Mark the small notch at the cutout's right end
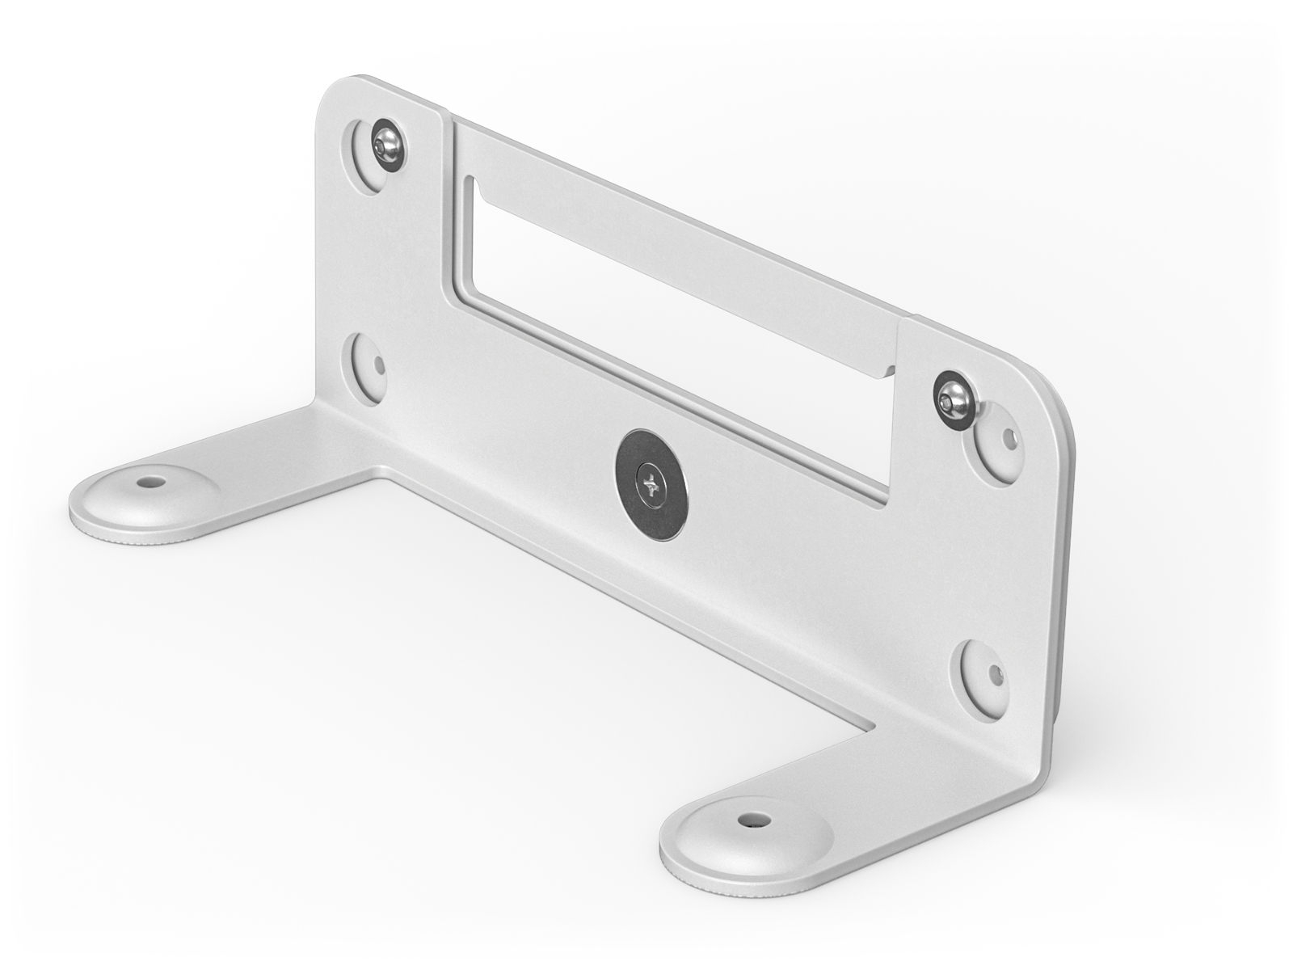(889, 371)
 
